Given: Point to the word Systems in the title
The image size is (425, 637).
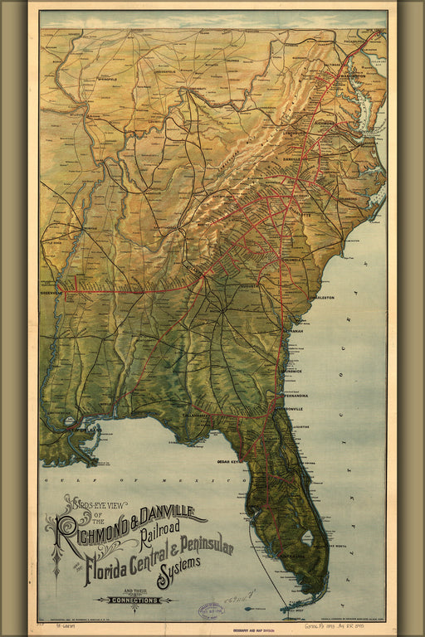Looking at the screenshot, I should coord(173,566).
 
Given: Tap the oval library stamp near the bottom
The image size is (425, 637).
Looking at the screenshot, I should coord(211,610).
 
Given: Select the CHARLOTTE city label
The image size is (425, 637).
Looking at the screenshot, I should coord(299,214).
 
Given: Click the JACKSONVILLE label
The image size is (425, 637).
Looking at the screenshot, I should coord(287,409).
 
